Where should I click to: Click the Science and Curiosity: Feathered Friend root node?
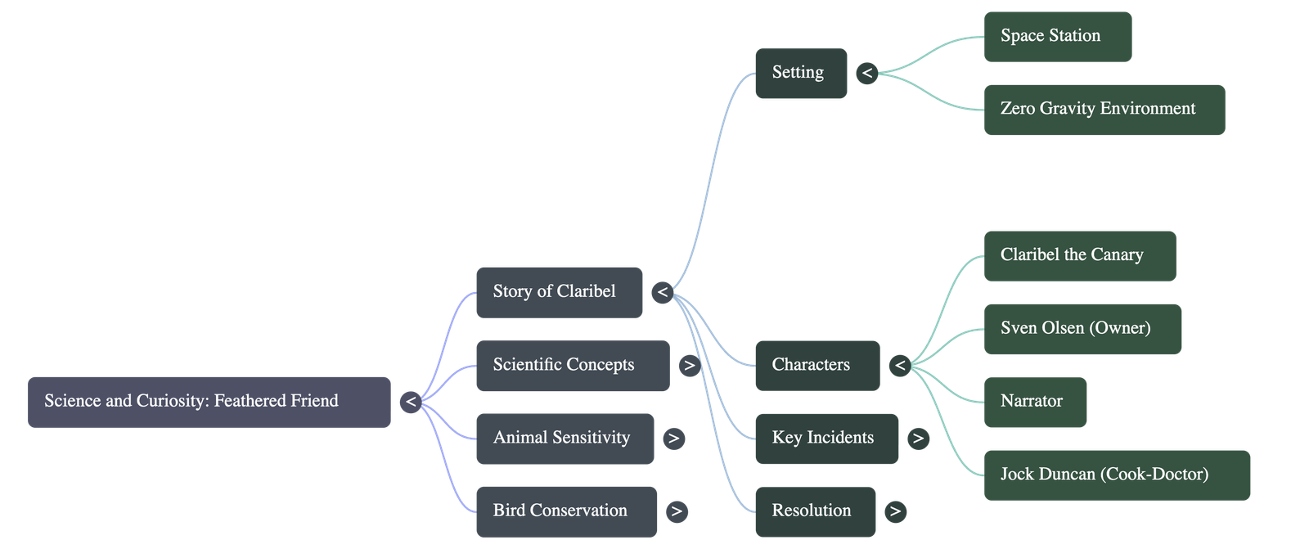coord(209,402)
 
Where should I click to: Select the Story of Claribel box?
coord(559,292)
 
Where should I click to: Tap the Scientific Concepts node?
coord(572,366)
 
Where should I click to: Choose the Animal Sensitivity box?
coord(565,439)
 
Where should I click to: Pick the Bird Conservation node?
coord(566,511)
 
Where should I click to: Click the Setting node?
coord(800,73)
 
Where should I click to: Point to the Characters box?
coord(816,365)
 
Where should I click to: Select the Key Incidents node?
coord(826,439)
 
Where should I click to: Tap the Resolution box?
coord(815,511)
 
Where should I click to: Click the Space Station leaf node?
coord(1058,37)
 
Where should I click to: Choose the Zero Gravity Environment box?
coord(1104,110)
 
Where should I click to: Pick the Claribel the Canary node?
coord(1080,255)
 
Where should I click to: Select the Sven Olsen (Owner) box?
coord(1082,329)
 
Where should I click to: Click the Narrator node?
coord(1035,402)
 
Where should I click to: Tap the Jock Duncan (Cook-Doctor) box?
coord(1117,475)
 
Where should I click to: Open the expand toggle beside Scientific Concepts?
coord(689,366)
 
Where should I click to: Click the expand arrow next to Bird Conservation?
coord(676,512)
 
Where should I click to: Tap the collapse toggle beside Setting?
coord(867,74)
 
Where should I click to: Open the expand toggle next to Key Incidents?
coord(918,439)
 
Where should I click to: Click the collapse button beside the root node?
coord(411,402)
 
